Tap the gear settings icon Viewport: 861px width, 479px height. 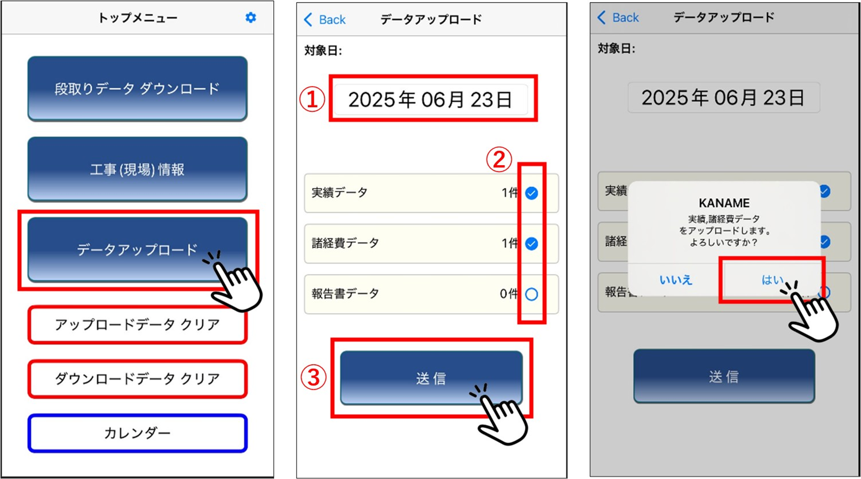coord(251,17)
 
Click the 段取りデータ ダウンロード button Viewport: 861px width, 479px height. coord(138,89)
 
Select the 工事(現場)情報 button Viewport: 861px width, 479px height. coord(138,169)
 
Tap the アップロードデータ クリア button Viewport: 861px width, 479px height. coord(138,324)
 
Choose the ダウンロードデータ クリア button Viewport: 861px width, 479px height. coord(138,379)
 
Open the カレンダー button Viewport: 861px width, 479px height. coord(138,433)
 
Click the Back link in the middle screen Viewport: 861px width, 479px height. coord(325,20)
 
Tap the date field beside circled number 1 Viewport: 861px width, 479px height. coord(430,100)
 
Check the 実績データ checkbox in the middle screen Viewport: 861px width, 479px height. coord(531,193)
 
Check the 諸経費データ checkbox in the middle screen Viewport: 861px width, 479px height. coord(531,244)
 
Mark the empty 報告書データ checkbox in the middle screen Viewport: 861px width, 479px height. coord(531,294)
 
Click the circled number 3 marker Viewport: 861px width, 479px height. coord(313,378)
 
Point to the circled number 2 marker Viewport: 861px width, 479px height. coord(499,159)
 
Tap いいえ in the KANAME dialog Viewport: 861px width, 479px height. coord(676,280)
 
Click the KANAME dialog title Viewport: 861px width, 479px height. coord(724,203)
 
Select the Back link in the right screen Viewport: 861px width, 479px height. coord(618,17)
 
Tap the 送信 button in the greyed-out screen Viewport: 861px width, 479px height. coord(724,376)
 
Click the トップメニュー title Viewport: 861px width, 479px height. coord(138,18)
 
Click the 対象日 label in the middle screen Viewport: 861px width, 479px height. coord(323,50)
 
